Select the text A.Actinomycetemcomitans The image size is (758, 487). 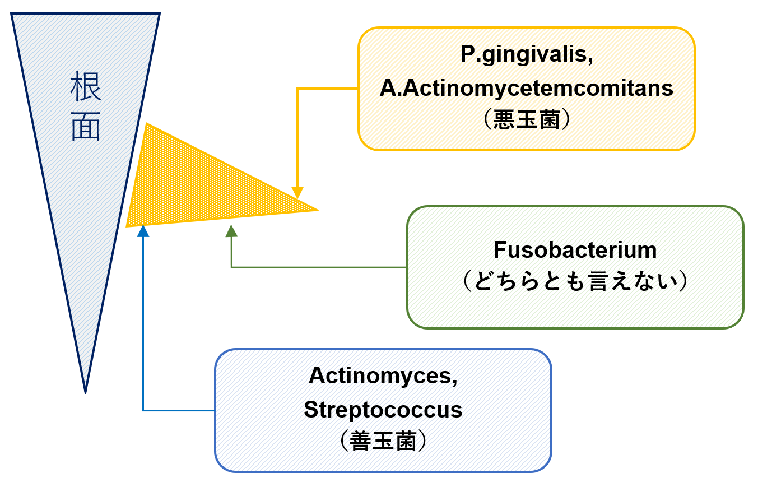pyautogui.click(x=526, y=88)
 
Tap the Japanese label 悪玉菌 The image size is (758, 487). pyautogui.click(x=526, y=120)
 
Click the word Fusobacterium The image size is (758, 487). pyautogui.click(x=575, y=249)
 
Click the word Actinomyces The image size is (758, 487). pyautogui.click(x=383, y=375)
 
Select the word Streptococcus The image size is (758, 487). pyautogui.click(x=383, y=410)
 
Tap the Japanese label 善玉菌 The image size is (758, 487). pyautogui.click(x=383, y=442)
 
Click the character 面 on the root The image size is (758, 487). pyautogui.click(x=85, y=128)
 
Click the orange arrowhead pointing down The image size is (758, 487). pyautogui.click(x=297, y=192)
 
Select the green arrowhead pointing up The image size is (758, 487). pyautogui.click(x=231, y=231)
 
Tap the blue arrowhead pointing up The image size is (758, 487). pyautogui.click(x=143, y=230)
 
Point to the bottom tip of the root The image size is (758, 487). pyautogui.click(x=85, y=391)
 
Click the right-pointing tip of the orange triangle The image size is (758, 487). pyautogui.click(x=317, y=210)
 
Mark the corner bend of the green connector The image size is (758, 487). pyautogui.click(x=231, y=267)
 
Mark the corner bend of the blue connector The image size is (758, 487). pyautogui.click(x=143, y=410)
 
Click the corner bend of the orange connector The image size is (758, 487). pyautogui.click(x=297, y=89)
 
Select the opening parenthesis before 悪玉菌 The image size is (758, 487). pyautogui.click(x=486, y=120)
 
